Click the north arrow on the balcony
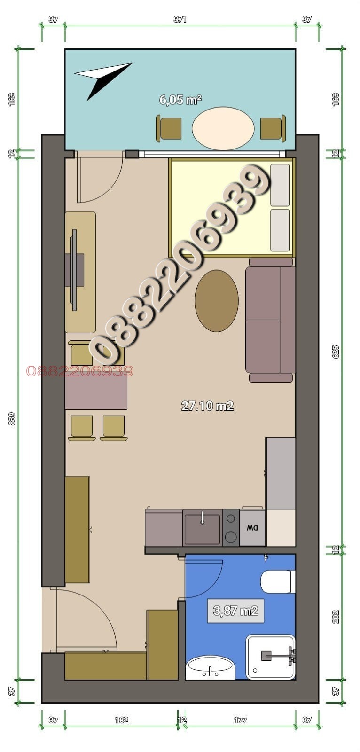click(102, 78)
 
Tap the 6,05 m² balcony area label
click(180, 100)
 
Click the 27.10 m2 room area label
click(207, 406)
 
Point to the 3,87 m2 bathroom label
click(235, 611)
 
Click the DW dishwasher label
click(252, 528)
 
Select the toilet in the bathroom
click(277, 582)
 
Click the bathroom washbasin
click(210, 668)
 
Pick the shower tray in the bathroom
click(271, 657)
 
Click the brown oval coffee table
click(217, 301)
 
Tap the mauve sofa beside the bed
click(270, 320)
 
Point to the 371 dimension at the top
click(180, 19)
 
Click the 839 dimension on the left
click(12, 419)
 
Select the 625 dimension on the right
click(336, 352)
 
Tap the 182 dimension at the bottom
click(121, 720)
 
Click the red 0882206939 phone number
click(80, 371)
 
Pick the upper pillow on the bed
click(280, 185)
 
